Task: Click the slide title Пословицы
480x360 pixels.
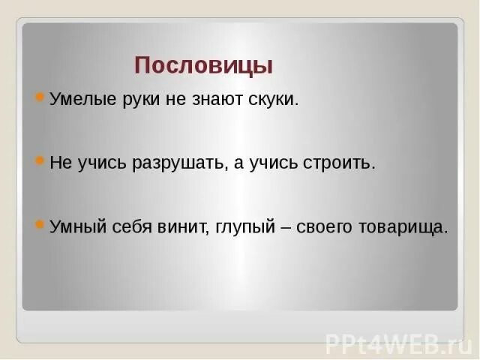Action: (203, 66)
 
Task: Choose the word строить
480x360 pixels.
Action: (341, 163)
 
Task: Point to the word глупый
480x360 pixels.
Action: (245, 227)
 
